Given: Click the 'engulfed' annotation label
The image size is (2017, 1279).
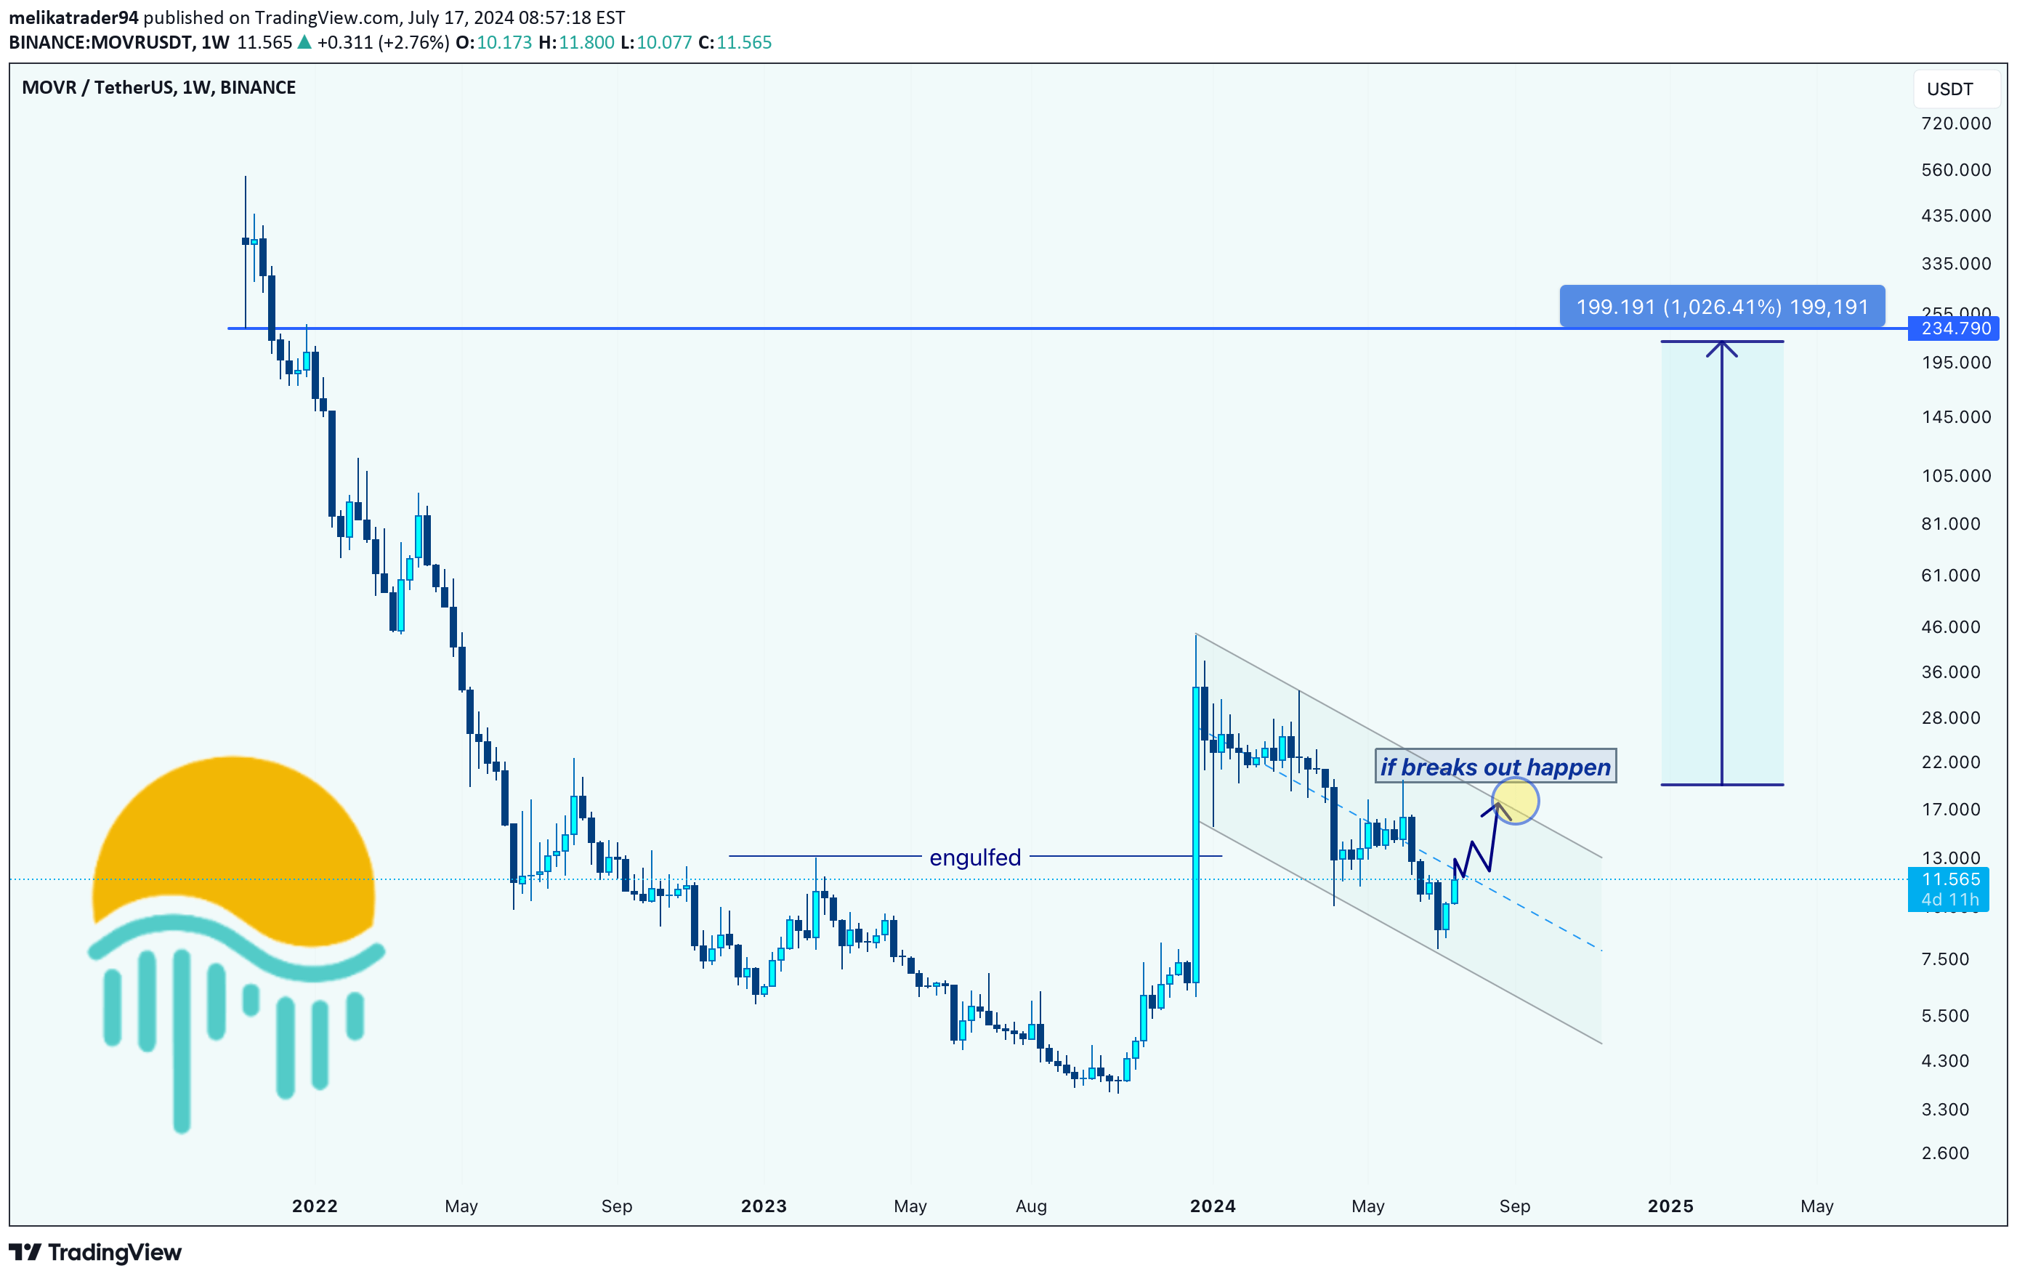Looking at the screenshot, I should (975, 857).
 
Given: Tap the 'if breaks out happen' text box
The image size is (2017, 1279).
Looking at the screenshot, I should (1495, 767).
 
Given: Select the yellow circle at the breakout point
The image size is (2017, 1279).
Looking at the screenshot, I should (1514, 801).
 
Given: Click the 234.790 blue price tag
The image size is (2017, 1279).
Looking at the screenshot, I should (1955, 328).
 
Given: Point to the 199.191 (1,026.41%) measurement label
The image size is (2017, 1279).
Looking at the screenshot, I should (1721, 307).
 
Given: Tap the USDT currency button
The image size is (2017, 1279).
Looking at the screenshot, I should (1949, 89).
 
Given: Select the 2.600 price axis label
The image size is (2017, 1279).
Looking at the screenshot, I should (1945, 1153).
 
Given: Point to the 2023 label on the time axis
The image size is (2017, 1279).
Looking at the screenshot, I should (763, 1206).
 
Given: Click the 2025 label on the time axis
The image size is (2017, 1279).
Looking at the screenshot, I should (1670, 1206).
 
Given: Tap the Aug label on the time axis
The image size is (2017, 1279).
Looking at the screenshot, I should (1030, 1206).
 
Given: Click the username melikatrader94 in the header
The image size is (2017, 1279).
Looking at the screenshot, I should (73, 17).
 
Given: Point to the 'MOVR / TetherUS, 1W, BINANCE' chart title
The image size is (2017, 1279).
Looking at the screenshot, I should (158, 87).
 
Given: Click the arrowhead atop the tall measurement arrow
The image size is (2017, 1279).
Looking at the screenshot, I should (1721, 347).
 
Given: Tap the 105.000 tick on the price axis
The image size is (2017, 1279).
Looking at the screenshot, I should (1955, 476).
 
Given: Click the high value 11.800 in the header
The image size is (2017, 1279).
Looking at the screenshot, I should (586, 42).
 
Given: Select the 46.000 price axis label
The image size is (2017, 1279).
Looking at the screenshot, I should (1950, 626).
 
